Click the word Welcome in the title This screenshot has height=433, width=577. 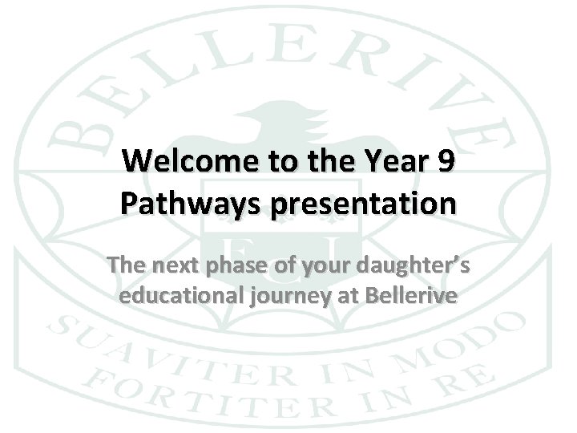pos(185,162)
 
